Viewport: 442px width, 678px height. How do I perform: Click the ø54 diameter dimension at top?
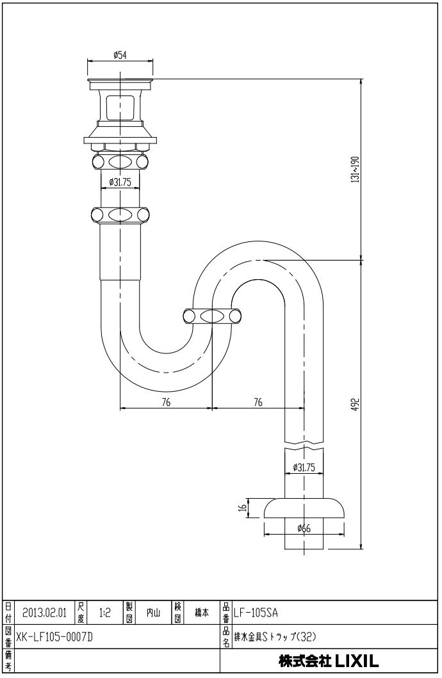click(120, 55)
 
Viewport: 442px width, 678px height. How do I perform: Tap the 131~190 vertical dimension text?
click(356, 169)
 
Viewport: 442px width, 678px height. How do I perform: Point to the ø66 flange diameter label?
click(304, 528)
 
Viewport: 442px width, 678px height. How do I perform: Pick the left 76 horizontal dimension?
click(166, 403)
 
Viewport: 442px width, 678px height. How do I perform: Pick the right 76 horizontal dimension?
click(258, 403)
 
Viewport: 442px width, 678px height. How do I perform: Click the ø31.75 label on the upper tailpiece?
click(120, 182)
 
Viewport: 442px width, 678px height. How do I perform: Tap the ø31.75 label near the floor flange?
click(304, 467)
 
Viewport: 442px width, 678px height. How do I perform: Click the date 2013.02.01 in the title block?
click(45, 613)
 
